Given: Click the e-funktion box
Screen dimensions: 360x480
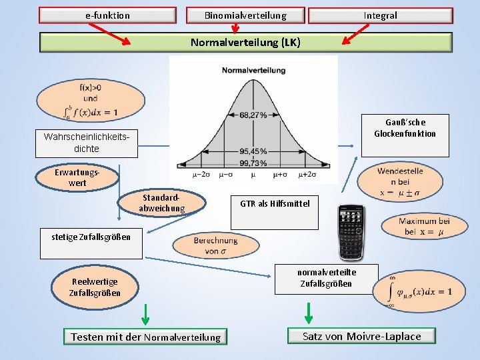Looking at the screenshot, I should pyautogui.click(x=108, y=15).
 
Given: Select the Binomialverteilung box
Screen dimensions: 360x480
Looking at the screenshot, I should pyautogui.click(x=245, y=15).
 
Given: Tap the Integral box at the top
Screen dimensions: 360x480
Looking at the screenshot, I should pyautogui.click(x=380, y=15).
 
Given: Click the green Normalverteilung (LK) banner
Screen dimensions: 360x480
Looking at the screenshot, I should pyautogui.click(x=245, y=43).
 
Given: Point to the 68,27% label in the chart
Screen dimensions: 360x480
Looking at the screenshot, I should pyautogui.click(x=253, y=115).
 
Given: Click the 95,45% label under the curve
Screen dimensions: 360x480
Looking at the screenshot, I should pyautogui.click(x=253, y=151).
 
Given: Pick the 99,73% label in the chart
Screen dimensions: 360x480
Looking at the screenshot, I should pyautogui.click(x=253, y=163).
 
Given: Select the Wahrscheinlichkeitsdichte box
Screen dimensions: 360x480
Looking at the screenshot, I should pyautogui.click(x=86, y=143).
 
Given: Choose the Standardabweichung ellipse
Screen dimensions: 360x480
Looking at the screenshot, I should pyautogui.click(x=161, y=203).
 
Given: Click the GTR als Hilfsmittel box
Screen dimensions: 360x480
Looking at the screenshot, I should pyautogui.click(x=275, y=203).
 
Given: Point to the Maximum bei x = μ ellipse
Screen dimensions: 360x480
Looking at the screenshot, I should pyautogui.click(x=424, y=227).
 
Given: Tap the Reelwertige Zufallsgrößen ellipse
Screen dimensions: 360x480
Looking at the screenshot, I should pyautogui.click(x=95, y=287).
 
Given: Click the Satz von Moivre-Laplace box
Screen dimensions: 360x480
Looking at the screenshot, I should pyautogui.click(x=361, y=336).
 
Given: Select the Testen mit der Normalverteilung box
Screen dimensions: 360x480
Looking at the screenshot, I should pyautogui.click(x=145, y=337).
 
